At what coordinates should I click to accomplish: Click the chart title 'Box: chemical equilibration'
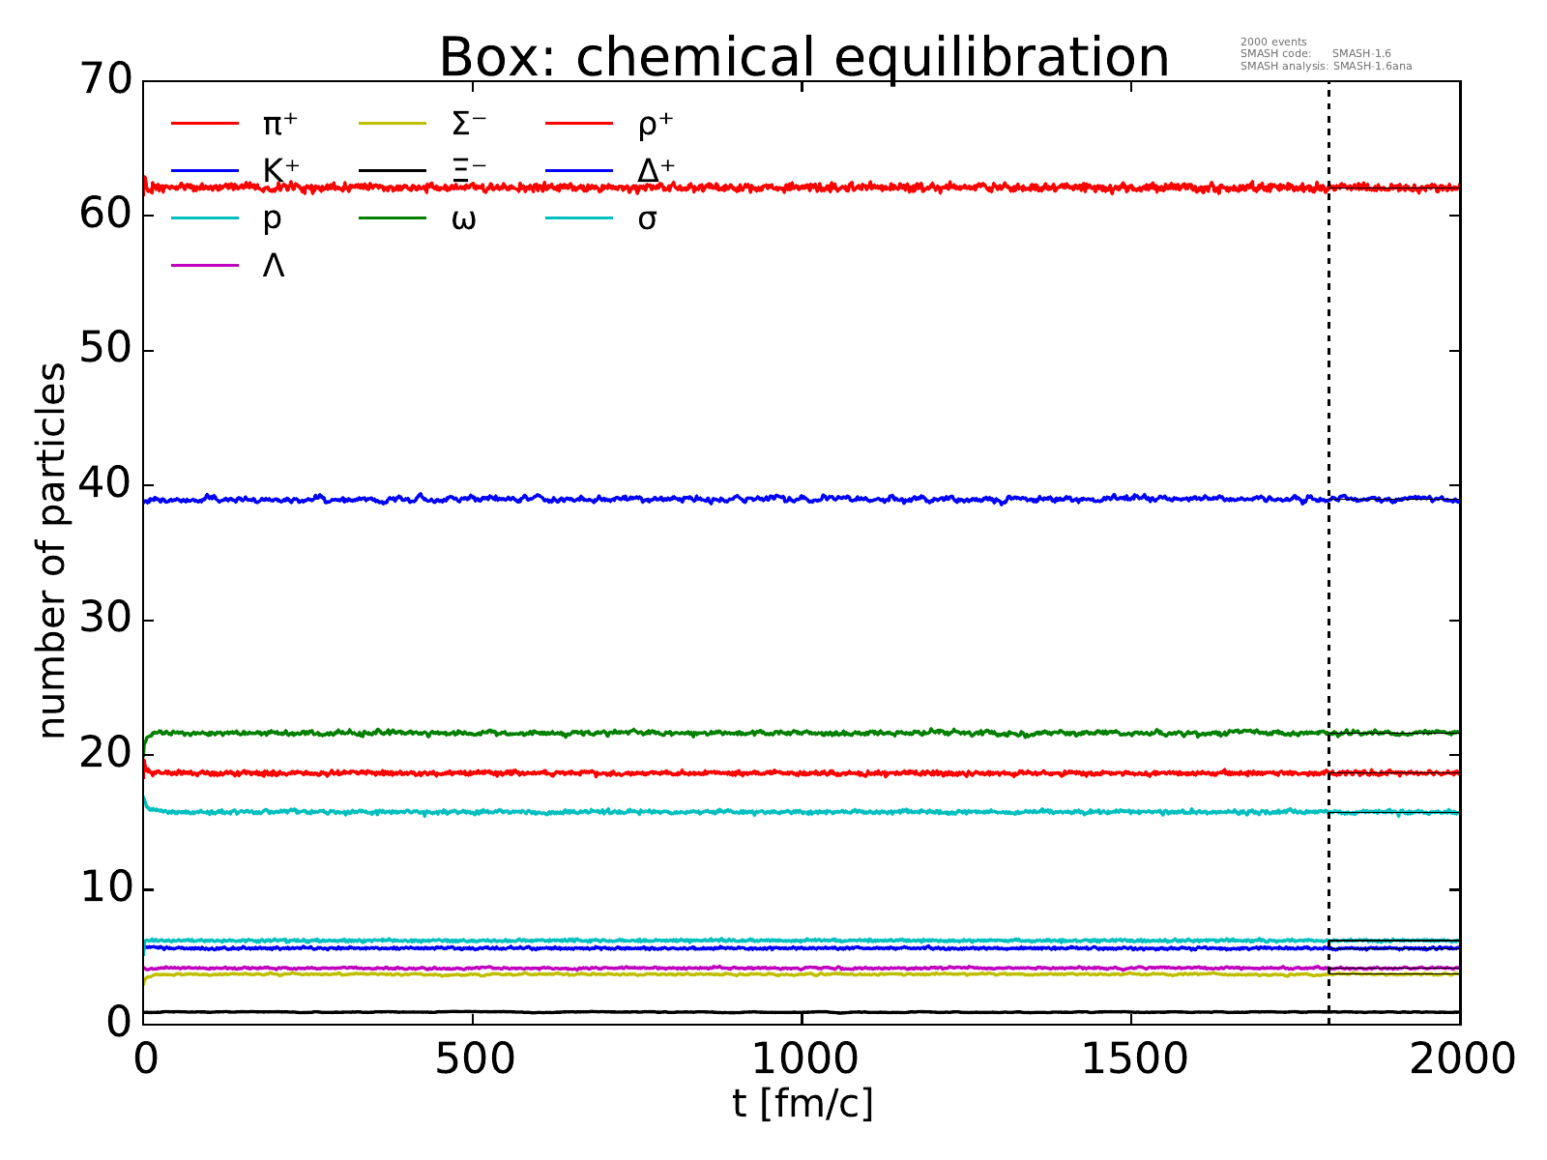[x=803, y=58]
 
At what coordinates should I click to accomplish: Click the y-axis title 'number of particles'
[x=53, y=551]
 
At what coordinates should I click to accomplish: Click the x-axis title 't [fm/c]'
[x=803, y=1103]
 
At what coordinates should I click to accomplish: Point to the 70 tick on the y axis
[x=104, y=80]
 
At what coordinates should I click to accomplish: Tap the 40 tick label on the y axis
[x=104, y=484]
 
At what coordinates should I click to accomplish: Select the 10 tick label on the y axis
[x=104, y=888]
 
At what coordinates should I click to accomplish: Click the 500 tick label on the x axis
[x=473, y=1059]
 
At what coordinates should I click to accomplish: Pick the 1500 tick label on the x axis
[x=1131, y=1059]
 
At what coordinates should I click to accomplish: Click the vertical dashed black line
[x=1328, y=387]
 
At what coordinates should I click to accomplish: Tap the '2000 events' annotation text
[x=1272, y=42]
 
